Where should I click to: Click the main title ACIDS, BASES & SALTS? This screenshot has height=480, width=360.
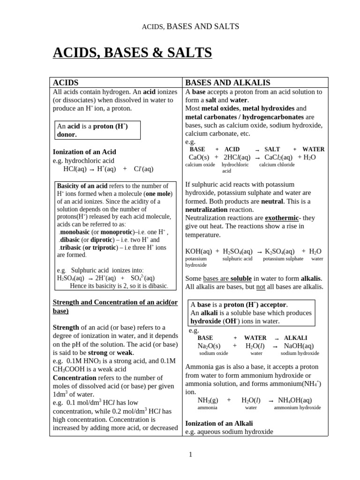(x=132, y=53)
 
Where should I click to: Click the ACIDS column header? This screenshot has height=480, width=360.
(x=66, y=82)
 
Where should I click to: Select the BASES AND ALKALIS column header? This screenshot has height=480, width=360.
(x=228, y=82)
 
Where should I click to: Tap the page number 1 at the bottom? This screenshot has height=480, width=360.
(x=190, y=454)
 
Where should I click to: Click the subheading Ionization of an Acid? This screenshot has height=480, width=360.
(x=84, y=152)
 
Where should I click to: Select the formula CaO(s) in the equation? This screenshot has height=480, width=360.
(x=199, y=157)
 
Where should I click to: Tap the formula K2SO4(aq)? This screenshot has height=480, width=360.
(x=280, y=251)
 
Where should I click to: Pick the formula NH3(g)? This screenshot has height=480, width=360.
(x=208, y=400)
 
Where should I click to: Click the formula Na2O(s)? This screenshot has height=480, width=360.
(x=209, y=345)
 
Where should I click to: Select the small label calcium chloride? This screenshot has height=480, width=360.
(x=277, y=165)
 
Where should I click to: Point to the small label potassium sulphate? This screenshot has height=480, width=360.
(x=283, y=259)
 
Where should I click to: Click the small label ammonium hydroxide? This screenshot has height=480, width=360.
(x=297, y=408)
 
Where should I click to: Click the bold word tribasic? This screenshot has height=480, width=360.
(x=71, y=247)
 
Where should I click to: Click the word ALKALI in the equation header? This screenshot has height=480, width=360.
(x=296, y=337)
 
